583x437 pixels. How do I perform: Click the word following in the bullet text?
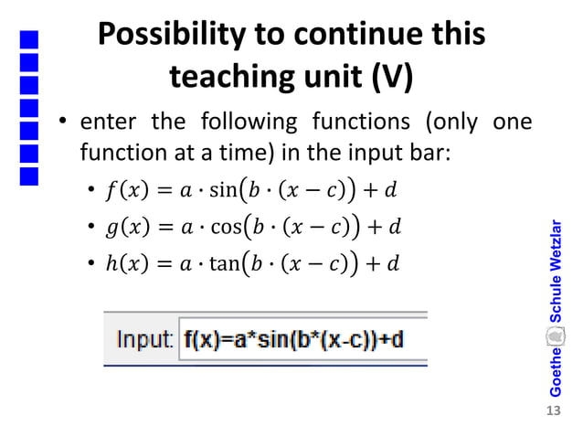242,121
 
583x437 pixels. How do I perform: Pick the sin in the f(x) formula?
221,191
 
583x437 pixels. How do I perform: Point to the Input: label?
144,340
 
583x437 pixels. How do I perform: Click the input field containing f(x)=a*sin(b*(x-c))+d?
302,340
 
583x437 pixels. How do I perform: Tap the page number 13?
551,410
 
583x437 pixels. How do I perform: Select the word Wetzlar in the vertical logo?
555,248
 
